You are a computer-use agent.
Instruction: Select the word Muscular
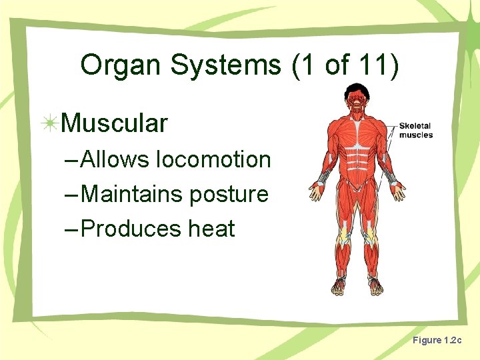tap(114, 123)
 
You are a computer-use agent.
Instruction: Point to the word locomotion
tap(213, 160)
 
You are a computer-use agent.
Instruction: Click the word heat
tap(211, 229)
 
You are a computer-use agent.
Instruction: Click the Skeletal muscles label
tap(416, 130)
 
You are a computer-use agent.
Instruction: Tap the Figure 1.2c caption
tap(437, 341)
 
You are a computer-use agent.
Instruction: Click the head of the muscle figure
tap(358, 100)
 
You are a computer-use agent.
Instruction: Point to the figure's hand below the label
tap(399, 191)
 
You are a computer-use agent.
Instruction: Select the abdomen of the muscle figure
tap(358, 160)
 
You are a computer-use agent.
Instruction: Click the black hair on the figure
tap(358, 88)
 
